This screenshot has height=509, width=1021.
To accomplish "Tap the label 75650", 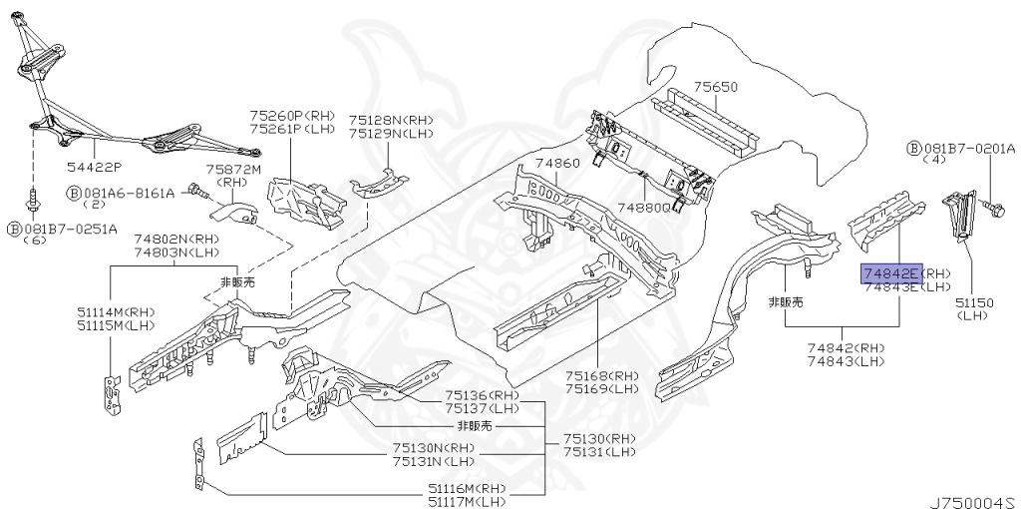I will [x=716, y=88].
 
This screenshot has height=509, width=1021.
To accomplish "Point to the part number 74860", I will [x=556, y=163].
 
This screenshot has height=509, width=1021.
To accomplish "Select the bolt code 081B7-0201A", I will [x=967, y=149].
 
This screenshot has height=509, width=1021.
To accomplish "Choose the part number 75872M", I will [x=233, y=171].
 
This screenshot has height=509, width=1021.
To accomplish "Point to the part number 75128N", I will [x=374, y=119].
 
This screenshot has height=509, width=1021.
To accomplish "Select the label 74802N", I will [x=162, y=240].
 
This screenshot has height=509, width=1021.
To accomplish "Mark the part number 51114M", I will [x=103, y=312].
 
